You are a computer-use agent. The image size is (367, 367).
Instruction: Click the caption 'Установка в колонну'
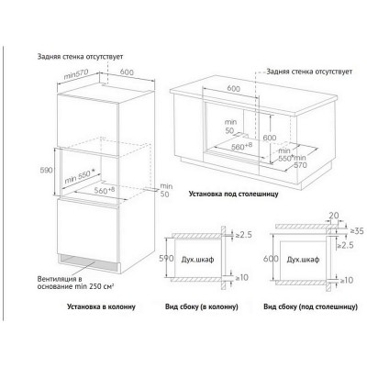(101, 306)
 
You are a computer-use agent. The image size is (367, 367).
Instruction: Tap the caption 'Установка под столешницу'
(234, 194)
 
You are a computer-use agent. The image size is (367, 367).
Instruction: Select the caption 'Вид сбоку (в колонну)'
(202, 306)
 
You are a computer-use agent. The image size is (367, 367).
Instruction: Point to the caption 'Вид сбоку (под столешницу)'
(310, 306)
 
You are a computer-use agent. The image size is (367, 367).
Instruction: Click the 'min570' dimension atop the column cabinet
(76, 74)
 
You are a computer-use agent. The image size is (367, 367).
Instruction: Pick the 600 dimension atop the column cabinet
(127, 72)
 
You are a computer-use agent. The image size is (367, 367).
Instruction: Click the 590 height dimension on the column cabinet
(47, 170)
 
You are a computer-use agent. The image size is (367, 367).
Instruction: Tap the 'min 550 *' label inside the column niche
(80, 177)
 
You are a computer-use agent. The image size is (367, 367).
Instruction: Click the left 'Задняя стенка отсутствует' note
(80, 57)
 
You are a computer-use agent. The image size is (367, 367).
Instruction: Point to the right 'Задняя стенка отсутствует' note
(309, 72)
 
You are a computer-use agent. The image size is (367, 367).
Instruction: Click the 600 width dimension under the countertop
(234, 89)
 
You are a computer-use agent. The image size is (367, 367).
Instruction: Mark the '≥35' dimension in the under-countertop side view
(357, 231)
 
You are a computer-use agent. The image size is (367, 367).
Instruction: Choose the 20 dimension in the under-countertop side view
(334, 216)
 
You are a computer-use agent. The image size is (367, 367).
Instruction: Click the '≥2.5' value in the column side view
(243, 235)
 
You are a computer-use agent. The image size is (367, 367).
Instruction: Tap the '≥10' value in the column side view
(241, 278)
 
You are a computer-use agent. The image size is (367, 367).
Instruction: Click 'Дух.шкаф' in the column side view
(197, 260)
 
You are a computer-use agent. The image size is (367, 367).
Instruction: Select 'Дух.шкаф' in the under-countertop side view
(303, 260)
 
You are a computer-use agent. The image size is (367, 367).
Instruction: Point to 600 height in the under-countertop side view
(271, 259)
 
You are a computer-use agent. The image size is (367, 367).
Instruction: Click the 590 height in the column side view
(167, 259)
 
